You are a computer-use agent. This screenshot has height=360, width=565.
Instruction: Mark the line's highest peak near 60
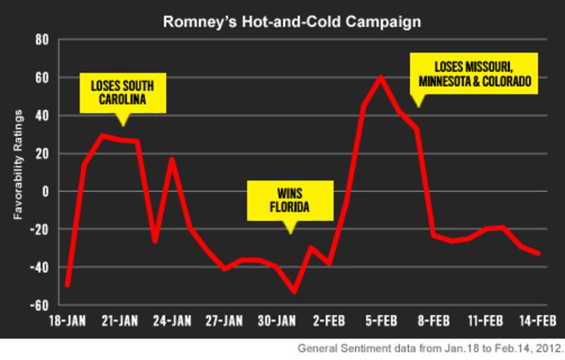coord(381,76)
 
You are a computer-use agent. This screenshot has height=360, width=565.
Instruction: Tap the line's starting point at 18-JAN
coord(68,285)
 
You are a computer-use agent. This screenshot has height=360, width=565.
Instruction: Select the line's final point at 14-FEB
coord(539,253)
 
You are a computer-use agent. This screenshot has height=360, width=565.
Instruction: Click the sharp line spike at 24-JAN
coord(172,159)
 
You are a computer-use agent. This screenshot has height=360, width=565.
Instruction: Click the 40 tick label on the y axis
coord(40,116)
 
